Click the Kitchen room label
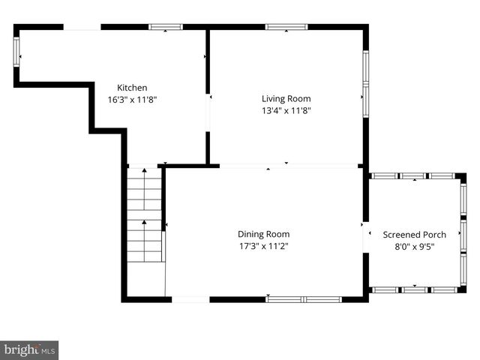pos(132,88)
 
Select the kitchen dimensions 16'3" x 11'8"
pos(132,99)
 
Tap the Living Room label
pos(286,98)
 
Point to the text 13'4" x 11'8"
pos(286,110)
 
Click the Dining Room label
pos(263,234)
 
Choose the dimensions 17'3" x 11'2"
pos(263,246)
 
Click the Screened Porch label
pos(415,234)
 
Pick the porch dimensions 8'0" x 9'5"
pos(415,246)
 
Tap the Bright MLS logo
pos(29,349)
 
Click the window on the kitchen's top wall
pos(166,27)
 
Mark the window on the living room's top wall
pos(286,27)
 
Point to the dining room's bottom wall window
pos(304,299)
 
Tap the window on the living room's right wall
pos(365,84)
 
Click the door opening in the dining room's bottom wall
pos(190,299)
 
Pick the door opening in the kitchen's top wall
pos(82,27)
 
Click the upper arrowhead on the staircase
pos(145,173)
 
